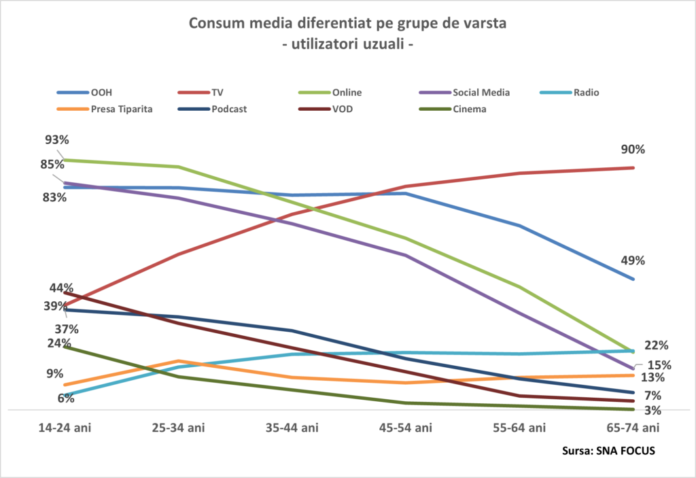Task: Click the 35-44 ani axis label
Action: [x=292, y=428]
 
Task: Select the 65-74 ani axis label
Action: [x=633, y=428]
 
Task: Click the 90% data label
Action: [x=631, y=150]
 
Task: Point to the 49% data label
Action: [x=631, y=260]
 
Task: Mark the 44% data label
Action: [x=62, y=288]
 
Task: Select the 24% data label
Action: [x=59, y=343]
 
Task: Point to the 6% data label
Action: [x=66, y=398]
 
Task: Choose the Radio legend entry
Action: [x=586, y=93]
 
